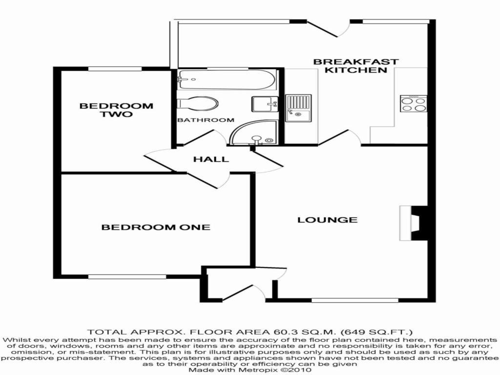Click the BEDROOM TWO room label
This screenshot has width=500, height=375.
click(x=116, y=110)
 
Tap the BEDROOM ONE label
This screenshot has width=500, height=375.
click(x=156, y=227)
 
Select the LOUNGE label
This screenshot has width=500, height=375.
click(x=327, y=220)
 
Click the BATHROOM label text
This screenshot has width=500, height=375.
click(x=206, y=120)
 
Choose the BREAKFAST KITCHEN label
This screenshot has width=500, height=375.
click(x=356, y=66)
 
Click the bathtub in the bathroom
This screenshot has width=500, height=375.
click(x=227, y=80)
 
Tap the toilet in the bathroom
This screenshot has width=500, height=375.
click(x=198, y=104)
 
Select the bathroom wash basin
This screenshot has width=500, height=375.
click(x=264, y=104)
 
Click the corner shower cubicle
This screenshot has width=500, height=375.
click(x=256, y=133)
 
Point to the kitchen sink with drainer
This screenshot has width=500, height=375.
click(x=298, y=108)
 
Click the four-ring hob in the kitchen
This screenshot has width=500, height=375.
click(x=413, y=104)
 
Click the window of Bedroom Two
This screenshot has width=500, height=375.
click(x=115, y=68)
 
